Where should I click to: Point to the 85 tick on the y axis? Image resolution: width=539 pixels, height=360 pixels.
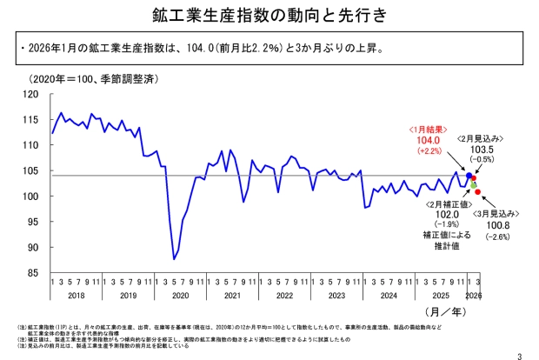click(33, 272)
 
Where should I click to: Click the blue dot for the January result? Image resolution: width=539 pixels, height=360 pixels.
click(469, 176)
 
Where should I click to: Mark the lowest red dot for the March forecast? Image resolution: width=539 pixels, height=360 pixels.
click(478, 192)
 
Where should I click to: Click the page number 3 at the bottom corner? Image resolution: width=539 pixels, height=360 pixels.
click(519, 353)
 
